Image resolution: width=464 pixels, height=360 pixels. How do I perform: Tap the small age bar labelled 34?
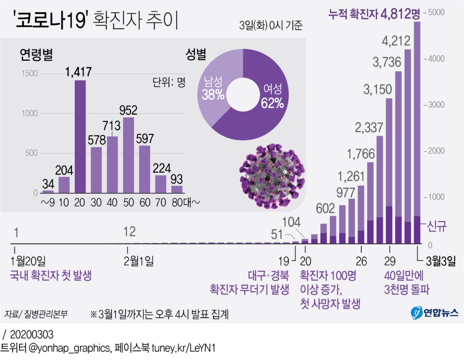[48, 192]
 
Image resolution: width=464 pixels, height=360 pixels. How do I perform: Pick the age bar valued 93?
[177, 190]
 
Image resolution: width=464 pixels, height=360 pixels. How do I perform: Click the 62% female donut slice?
[267, 104]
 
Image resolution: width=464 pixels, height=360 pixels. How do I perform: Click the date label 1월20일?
[29, 261]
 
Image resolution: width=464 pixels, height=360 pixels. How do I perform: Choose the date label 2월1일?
[138, 261]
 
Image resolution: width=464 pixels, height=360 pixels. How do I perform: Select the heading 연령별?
[36, 55]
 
